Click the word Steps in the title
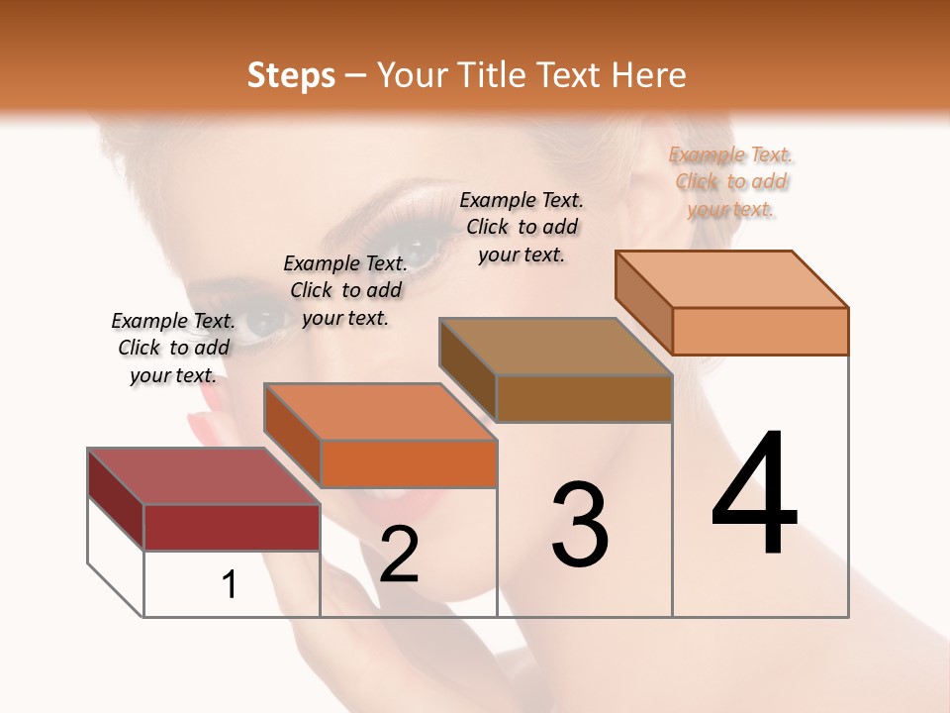point(291,75)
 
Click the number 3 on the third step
point(580,524)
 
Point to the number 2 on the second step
point(400,555)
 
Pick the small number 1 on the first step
point(230,585)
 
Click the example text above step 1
point(173,348)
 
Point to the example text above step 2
point(345,290)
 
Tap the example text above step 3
point(522,227)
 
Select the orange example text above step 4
point(731,181)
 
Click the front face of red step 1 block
point(233,527)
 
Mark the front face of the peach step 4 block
point(760,331)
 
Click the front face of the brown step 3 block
point(584,398)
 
